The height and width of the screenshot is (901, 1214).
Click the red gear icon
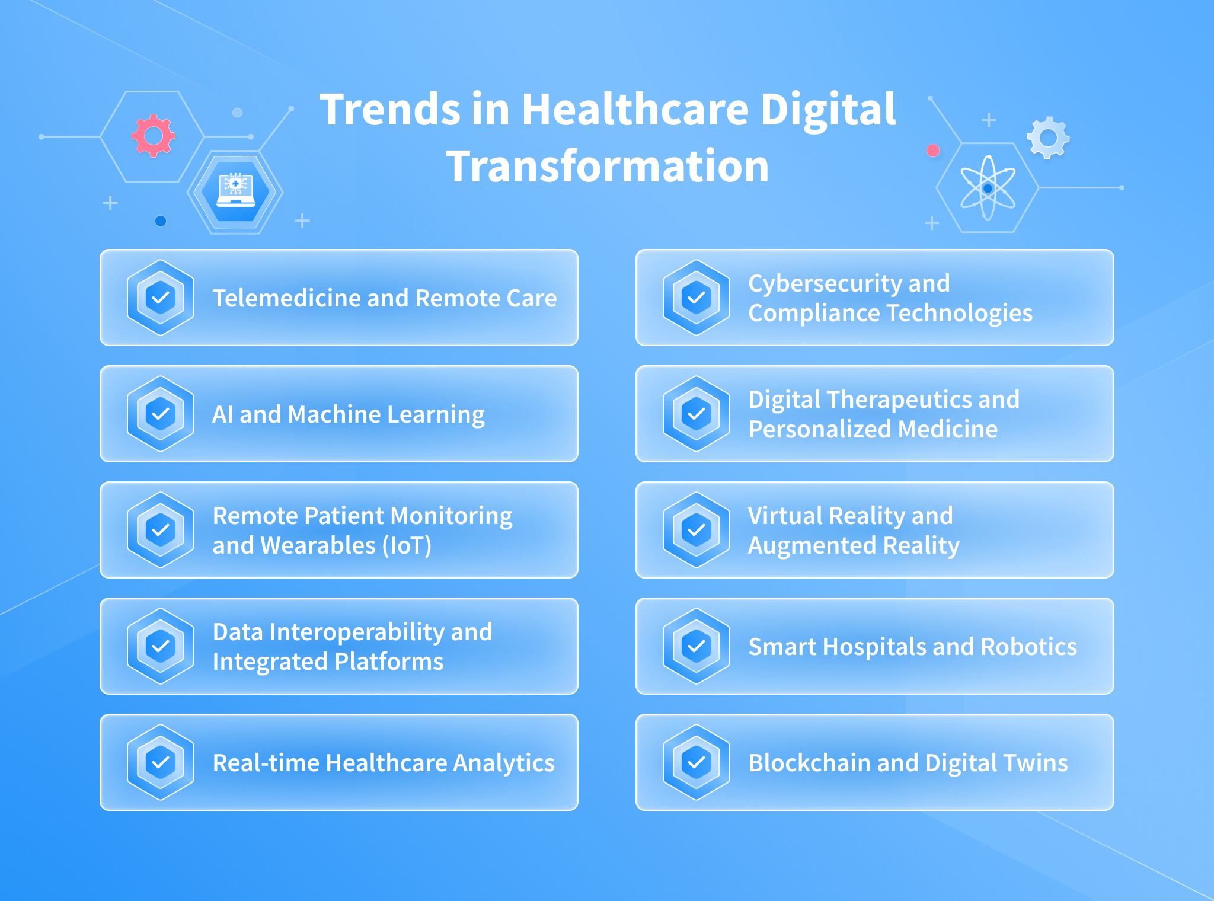point(154,136)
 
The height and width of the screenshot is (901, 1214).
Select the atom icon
point(988,188)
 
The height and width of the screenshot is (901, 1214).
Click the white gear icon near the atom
point(1048,138)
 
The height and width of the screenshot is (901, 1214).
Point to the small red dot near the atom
point(933,151)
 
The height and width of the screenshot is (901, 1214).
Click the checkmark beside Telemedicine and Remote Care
point(161,298)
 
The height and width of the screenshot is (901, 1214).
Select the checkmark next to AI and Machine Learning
point(161,414)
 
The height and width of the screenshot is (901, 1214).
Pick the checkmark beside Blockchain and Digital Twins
point(697,762)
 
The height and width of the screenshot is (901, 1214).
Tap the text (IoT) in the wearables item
point(407,545)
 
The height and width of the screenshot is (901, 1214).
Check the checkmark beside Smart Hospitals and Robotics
point(697,646)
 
